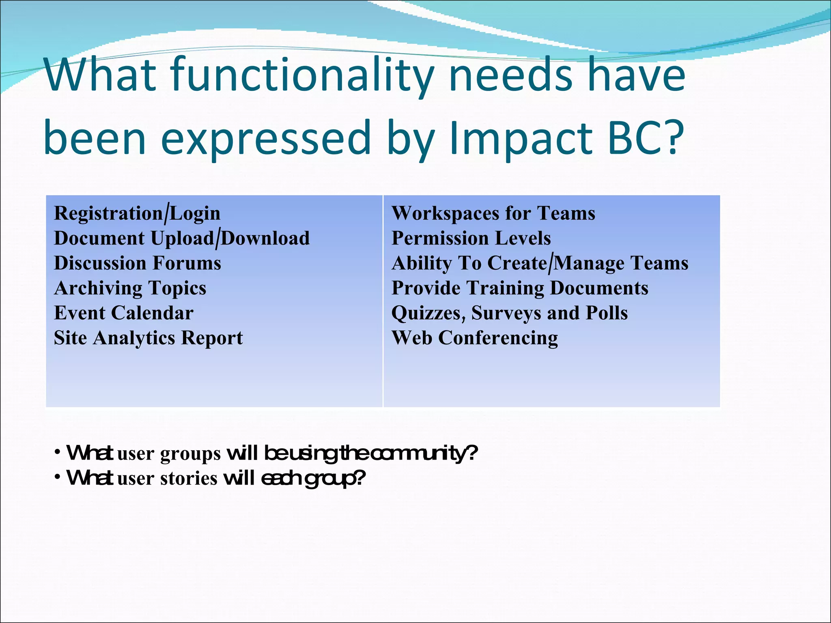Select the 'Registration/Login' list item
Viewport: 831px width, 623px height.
point(137,213)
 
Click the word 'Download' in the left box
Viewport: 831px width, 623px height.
point(265,238)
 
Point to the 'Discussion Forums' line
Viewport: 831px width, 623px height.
point(138,263)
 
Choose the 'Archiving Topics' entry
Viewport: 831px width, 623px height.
point(130,288)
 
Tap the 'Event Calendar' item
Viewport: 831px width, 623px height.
point(124,313)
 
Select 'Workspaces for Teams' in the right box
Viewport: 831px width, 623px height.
point(493,213)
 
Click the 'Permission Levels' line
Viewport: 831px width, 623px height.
point(471,238)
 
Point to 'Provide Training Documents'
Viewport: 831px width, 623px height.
point(520,288)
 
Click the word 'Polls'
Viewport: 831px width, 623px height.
point(606,313)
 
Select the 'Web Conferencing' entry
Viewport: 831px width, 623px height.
point(475,338)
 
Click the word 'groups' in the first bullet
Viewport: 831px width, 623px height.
point(190,454)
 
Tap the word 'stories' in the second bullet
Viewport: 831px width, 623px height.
point(189,479)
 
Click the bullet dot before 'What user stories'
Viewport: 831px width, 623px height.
point(58,476)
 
